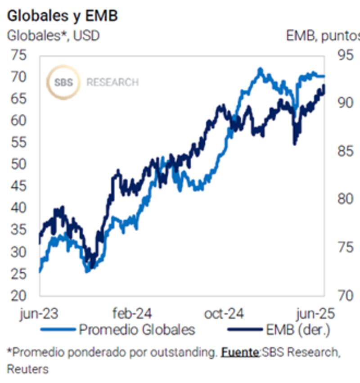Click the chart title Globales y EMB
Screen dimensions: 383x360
click(x=63, y=15)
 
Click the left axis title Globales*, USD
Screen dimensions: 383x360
click(x=53, y=36)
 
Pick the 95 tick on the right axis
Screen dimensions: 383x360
click(x=346, y=56)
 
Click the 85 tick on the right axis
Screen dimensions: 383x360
click(x=346, y=152)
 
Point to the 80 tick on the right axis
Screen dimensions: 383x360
click(x=346, y=199)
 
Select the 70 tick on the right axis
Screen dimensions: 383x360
click(x=346, y=296)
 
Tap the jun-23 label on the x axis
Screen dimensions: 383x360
click(x=40, y=314)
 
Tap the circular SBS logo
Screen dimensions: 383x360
click(x=63, y=82)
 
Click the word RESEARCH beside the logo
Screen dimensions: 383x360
click(x=112, y=83)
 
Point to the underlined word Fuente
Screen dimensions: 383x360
click(x=239, y=352)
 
